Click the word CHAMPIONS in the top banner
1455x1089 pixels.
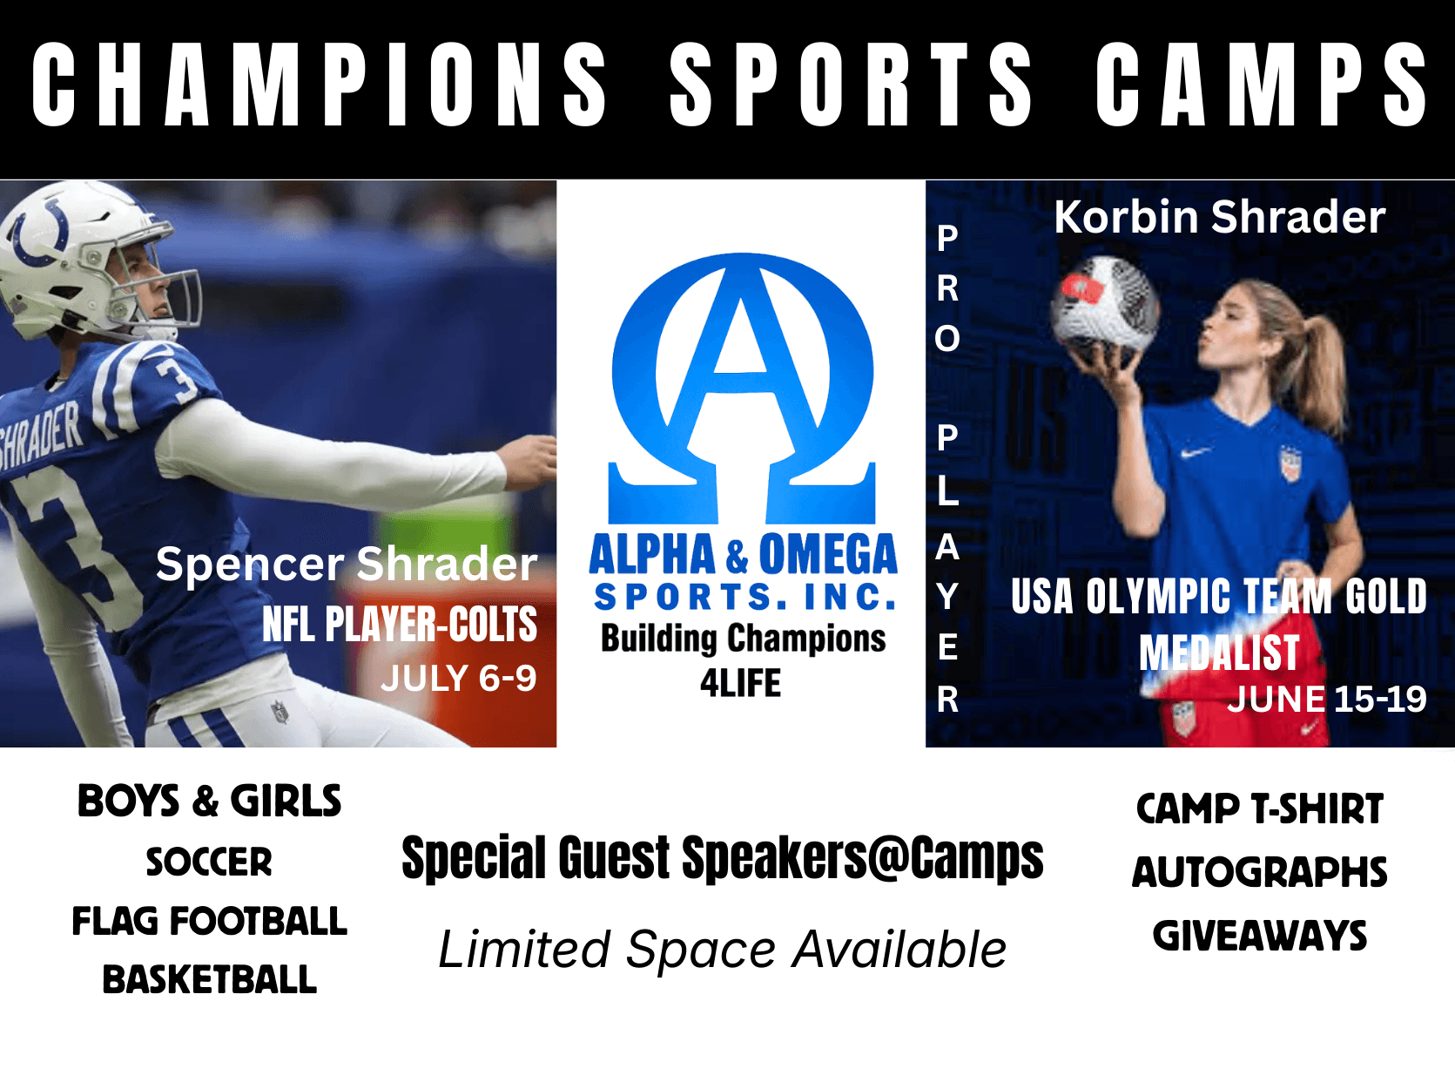point(319,85)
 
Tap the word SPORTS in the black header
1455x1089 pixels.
point(851,85)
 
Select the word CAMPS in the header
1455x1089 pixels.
point(1261,85)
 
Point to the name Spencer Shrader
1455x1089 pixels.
point(347,565)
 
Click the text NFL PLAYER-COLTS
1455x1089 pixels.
point(400,624)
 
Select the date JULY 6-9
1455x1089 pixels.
point(458,678)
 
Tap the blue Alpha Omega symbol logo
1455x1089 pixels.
point(743,388)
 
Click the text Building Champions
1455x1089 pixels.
point(743,639)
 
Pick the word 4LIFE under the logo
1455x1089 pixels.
point(740,683)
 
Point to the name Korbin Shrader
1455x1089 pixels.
point(1220,217)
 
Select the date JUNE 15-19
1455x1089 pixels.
point(1326,699)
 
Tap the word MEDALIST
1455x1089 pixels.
point(1218,653)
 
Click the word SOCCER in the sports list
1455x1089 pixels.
point(209,862)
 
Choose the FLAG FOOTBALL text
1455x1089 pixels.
point(210,921)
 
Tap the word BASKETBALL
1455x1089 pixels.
point(210,979)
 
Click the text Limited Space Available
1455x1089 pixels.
point(723,950)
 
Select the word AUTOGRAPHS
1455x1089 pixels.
point(1259,872)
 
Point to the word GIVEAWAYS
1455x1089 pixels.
point(1259,936)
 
